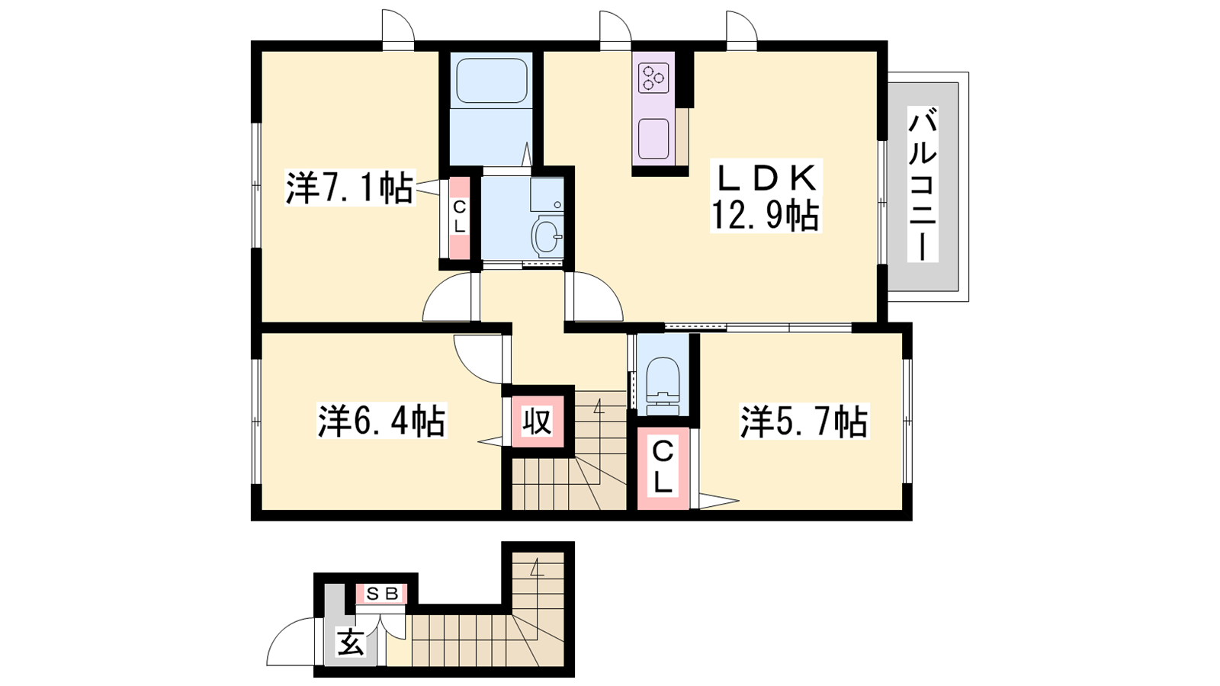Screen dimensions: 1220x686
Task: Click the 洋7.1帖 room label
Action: coord(350,188)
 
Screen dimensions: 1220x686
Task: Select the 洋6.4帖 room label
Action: coord(382,420)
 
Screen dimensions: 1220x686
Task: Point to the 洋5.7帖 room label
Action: coord(804,421)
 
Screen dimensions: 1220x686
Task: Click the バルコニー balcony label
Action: coord(923,184)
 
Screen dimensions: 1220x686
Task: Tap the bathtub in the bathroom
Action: coord(492,81)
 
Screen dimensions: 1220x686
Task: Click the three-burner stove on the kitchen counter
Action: coord(653,78)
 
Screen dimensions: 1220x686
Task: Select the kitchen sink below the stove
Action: coord(653,139)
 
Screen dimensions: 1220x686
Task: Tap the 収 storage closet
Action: coord(538,420)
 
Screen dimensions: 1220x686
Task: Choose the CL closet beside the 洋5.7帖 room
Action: coord(663,469)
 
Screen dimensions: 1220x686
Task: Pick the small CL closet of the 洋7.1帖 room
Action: coord(460,217)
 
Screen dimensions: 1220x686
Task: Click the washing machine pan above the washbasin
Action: coord(547,194)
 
